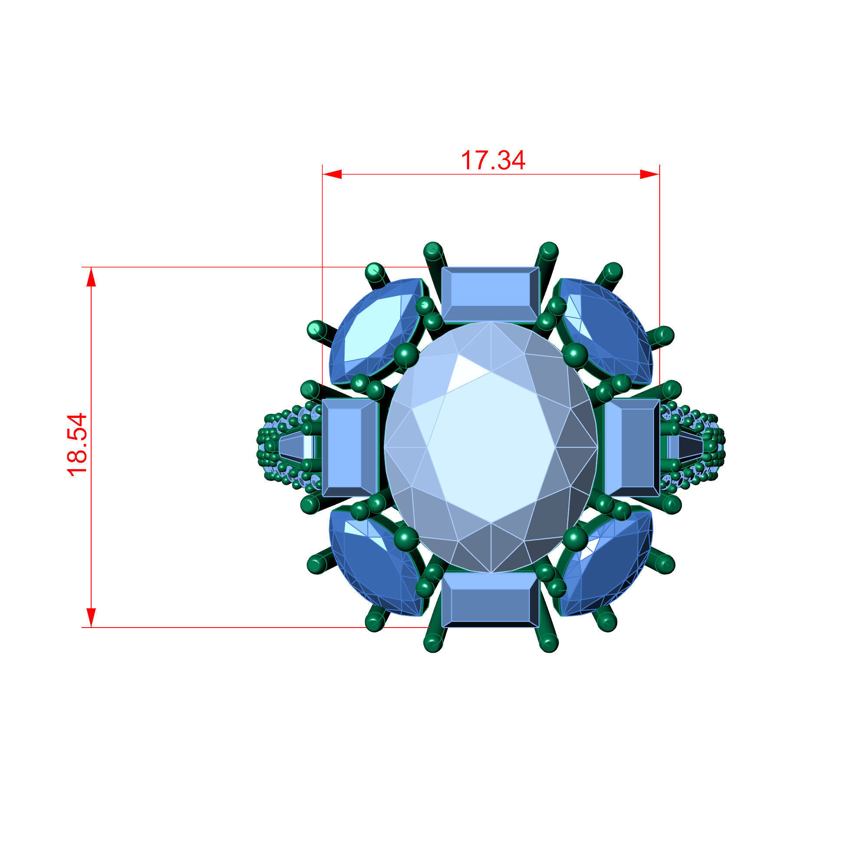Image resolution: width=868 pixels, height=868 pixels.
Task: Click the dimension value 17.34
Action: tap(493, 161)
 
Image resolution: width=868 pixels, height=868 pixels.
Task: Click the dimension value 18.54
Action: tap(76, 444)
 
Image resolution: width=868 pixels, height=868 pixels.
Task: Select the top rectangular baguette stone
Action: tap(490, 294)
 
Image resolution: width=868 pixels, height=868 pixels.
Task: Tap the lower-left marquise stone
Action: tap(375, 564)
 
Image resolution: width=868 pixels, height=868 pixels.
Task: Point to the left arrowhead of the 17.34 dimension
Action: tap(332, 174)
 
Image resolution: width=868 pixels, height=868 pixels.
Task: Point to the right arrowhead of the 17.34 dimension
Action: tap(650, 174)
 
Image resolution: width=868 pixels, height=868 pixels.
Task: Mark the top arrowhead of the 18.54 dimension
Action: tap(91, 276)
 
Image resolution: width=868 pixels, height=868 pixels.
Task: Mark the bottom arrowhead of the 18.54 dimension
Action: tap(91, 618)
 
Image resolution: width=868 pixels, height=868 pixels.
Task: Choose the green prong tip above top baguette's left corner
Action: tap(433, 250)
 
